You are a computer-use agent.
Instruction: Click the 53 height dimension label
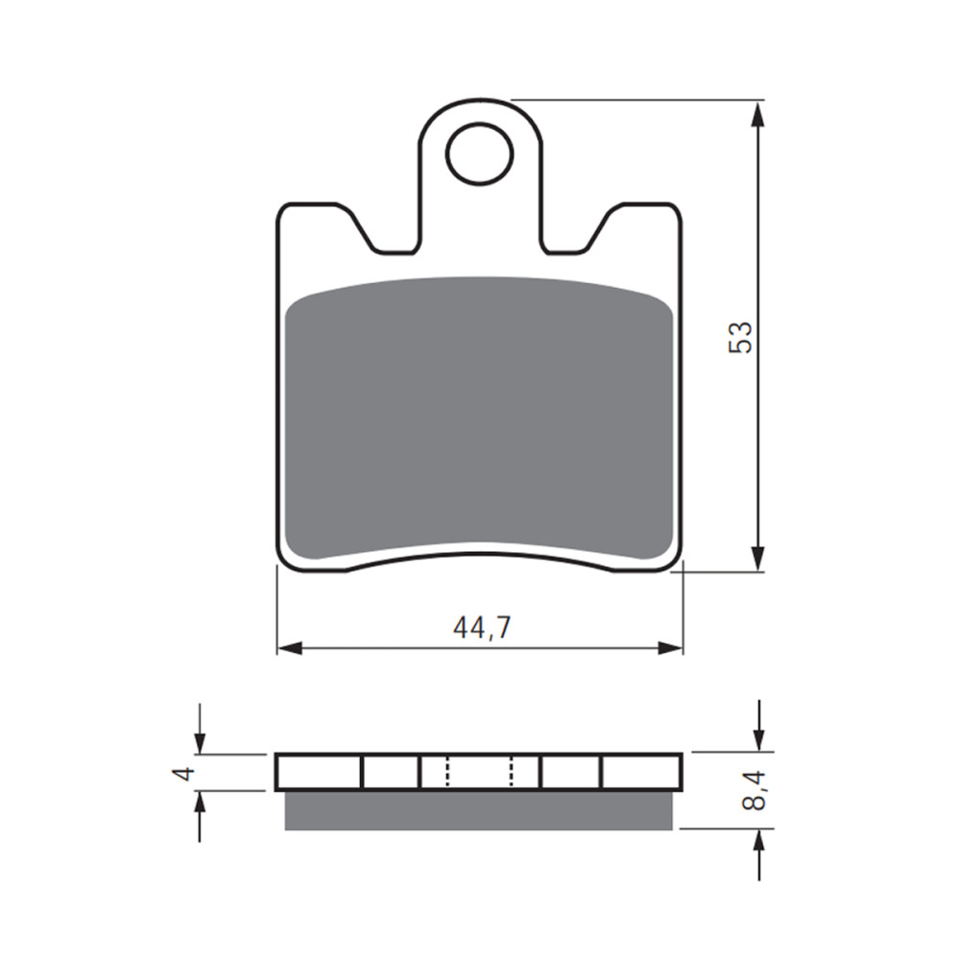[x=740, y=337]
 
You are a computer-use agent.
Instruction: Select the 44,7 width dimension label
[x=482, y=628]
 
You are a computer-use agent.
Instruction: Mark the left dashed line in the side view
[x=447, y=771]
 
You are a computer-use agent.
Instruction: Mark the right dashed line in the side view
[x=512, y=771]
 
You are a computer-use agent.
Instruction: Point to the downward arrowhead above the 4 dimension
[x=200, y=743]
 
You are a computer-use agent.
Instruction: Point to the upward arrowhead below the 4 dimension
[x=200, y=802]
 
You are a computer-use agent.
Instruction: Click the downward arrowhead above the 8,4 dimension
[x=759, y=739]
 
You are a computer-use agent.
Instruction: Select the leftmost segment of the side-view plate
[x=319, y=772]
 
